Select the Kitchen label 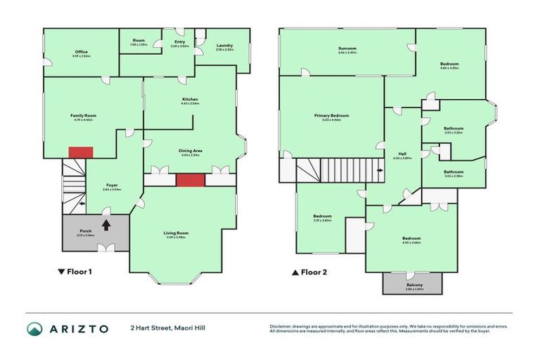click(x=190, y=100)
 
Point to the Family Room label click(x=83, y=115)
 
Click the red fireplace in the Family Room click(x=80, y=152)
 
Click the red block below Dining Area click(x=190, y=180)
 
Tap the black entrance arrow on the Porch click(x=106, y=225)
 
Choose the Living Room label click(x=176, y=233)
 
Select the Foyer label click(x=112, y=186)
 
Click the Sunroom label click(x=347, y=49)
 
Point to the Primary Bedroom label click(x=331, y=115)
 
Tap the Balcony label click(x=413, y=285)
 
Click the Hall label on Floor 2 click(x=402, y=154)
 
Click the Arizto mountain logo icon click(x=34, y=328)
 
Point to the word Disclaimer click(x=282, y=326)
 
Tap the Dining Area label click(x=191, y=151)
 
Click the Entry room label click(x=179, y=41)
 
